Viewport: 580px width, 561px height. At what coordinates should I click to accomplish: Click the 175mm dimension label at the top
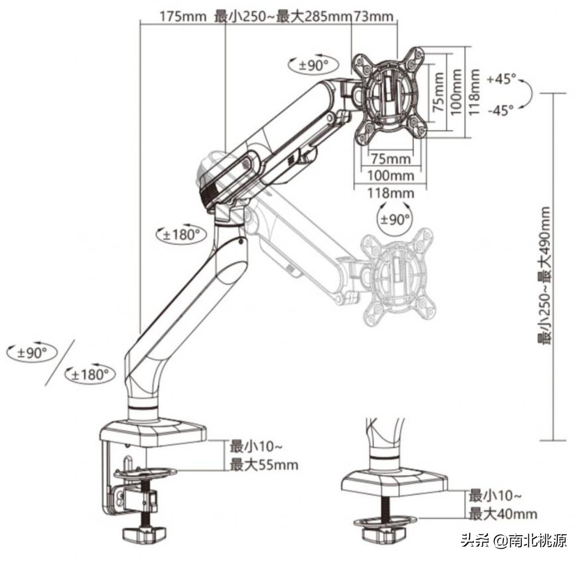coord(183,17)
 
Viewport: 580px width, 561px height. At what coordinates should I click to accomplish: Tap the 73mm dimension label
coord(374,17)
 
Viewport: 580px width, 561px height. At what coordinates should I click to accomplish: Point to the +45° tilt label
coord(501,79)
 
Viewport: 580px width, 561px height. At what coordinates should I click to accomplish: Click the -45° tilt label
coord(500,110)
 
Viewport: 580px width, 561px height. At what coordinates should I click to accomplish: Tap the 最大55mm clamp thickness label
coord(264,465)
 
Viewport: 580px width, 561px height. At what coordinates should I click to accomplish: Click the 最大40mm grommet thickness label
coord(503,514)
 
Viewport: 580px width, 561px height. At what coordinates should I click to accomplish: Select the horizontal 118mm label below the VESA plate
coord(390,193)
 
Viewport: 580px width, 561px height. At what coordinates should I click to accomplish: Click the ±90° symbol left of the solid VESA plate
coord(313,66)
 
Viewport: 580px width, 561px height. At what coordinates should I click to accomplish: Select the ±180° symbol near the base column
coord(90,375)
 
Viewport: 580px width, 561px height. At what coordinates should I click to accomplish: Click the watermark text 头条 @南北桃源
coord(514,541)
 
